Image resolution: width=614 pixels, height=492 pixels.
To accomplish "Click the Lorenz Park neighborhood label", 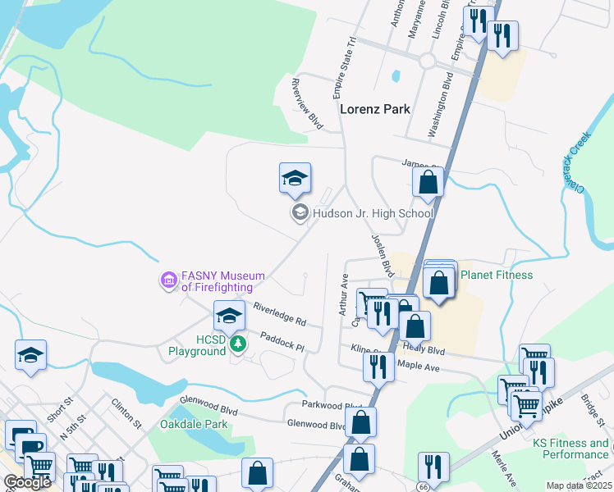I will point(375,108).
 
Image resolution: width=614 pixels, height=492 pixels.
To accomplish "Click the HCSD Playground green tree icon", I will point(238,344).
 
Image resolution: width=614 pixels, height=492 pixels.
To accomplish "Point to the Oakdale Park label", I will point(194,425).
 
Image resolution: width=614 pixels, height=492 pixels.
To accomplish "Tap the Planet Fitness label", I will point(497,275).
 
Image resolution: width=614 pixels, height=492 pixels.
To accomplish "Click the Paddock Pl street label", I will point(282,340).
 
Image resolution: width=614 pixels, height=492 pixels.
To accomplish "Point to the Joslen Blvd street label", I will point(383,255).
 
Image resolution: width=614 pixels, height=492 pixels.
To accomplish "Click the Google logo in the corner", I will point(27,482).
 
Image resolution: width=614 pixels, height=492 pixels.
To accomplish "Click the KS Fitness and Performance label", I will point(570,449).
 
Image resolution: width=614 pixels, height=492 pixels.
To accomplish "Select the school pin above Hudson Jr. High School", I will point(296,179).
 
